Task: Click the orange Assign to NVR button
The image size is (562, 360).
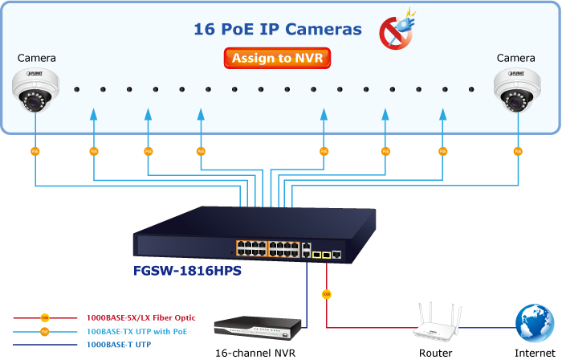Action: tap(277, 58)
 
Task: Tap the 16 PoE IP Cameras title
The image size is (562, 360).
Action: tap(278, 30)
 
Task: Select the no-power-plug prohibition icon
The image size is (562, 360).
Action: tap(393, 30)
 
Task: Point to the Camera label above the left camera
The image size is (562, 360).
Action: tap(37, 58)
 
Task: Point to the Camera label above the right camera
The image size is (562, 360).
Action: tap(515, 58)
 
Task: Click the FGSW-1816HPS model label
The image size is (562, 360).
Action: tap(188, 271)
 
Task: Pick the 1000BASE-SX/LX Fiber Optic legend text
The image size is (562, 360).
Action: tap(141, 318)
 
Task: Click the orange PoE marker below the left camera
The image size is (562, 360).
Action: tap(35, 150)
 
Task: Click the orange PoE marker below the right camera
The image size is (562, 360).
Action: tap(518, 150)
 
